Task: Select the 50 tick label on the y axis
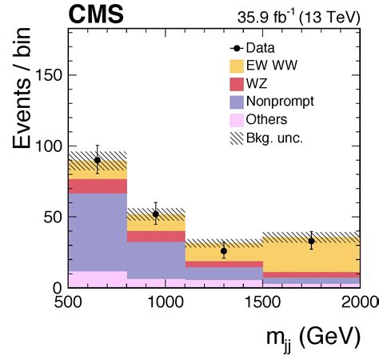[x=52, y=217]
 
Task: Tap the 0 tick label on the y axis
[x=57, y=287]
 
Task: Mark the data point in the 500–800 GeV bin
[x=98, y=160]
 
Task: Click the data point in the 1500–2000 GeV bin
[x=311, y=241]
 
